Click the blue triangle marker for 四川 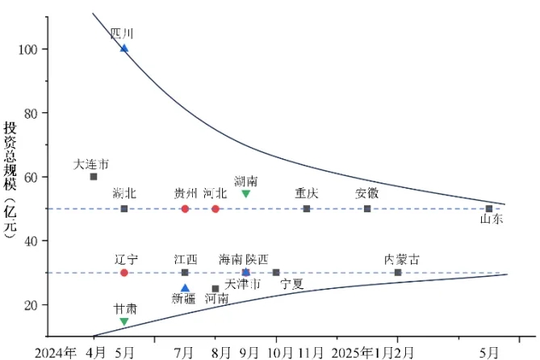click(x=124, y=48)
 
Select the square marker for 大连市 click(x=94, y=177)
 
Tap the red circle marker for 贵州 click(x=185, y=208)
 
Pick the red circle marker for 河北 click(x=216, y=208)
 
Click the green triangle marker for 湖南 click(x=246, y=194)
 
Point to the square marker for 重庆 click(x=307, y=208)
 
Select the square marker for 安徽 click(x=367, y=208)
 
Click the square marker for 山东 click(x=489, y=208)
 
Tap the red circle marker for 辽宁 click(x=124, y=273)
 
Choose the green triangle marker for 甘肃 click(x=124, y=321)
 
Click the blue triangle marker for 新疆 click(x=185, y=287)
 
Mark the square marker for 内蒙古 click(x=398, y=273)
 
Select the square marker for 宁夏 click(x=276, y=273)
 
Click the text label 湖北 click(x=125, y=194)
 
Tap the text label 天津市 click(x=242, y=285)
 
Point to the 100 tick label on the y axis click(x=28, y=49)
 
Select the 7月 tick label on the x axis click(x=185, y=353)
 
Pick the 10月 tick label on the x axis click(x=278, y=353)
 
